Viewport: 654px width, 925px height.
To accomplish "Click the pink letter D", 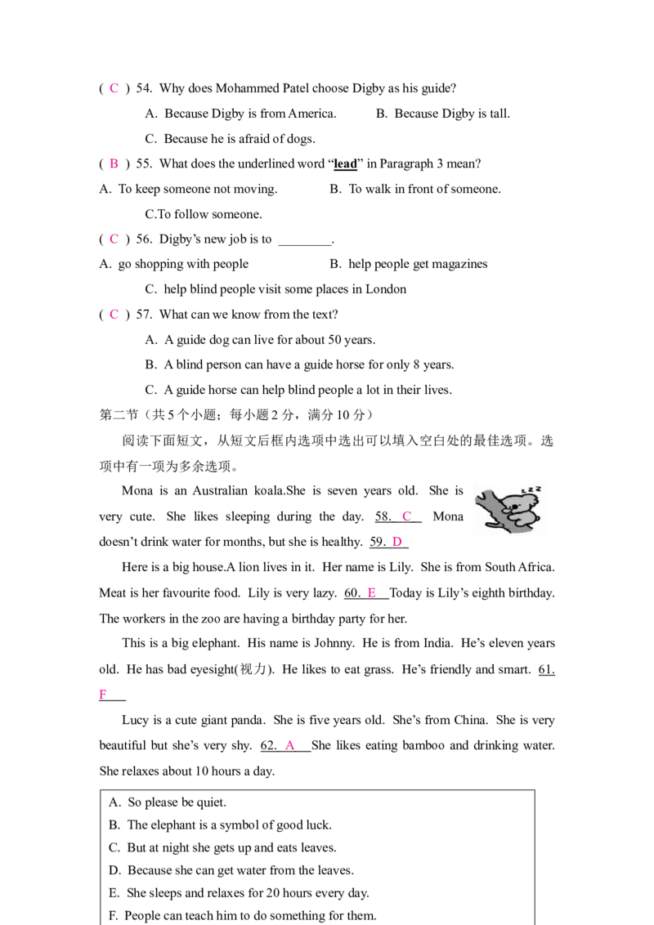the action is click(396, 542).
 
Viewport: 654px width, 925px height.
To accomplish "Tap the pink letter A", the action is click(289, 745).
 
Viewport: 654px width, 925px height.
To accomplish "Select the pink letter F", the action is click(103, 693).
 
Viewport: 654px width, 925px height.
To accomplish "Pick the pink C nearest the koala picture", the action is click(406, 516).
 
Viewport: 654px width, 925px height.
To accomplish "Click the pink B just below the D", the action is click(372, 592).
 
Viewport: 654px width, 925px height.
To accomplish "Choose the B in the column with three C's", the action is click(114, 163).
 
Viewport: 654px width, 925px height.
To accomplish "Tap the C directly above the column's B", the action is click(114, 87).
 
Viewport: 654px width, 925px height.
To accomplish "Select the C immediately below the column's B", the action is click(114, 239).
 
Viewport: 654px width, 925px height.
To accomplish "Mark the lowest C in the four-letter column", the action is click(114, 315).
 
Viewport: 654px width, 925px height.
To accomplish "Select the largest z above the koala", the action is click(538, 488).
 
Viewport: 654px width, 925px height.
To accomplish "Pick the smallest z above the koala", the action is click(523, 492).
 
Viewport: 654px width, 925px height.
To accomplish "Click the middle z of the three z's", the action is click(530, 490).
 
